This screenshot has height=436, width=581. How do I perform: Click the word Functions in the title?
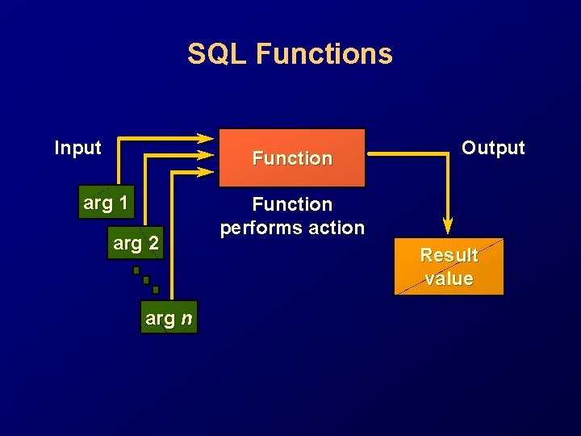click(324, 54)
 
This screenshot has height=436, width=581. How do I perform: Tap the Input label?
click(77, 148)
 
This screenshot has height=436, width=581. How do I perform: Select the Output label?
click(493, 148)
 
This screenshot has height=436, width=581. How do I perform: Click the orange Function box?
click(292, 152)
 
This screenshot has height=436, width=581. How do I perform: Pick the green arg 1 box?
click(105, 203)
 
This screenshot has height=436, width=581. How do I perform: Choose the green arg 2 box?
click(136, 241)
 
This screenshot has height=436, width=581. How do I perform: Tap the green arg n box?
click(169, 318)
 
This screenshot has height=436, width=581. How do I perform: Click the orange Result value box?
click(449, 266)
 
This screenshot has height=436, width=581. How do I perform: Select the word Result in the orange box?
click(449, 255)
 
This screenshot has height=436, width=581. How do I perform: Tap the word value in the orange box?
click(449, 279)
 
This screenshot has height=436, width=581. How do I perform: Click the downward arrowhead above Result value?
click(448, 225)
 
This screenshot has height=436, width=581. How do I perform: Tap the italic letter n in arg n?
click(186, 319)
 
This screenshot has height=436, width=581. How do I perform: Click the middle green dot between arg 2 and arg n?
click(146, 280)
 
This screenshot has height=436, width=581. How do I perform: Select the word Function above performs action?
click(292, 204)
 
